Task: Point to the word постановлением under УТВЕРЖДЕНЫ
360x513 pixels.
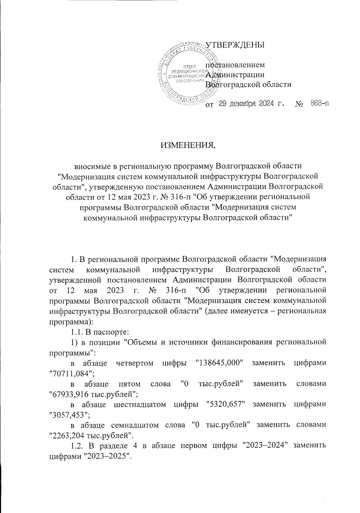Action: (235, 64)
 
